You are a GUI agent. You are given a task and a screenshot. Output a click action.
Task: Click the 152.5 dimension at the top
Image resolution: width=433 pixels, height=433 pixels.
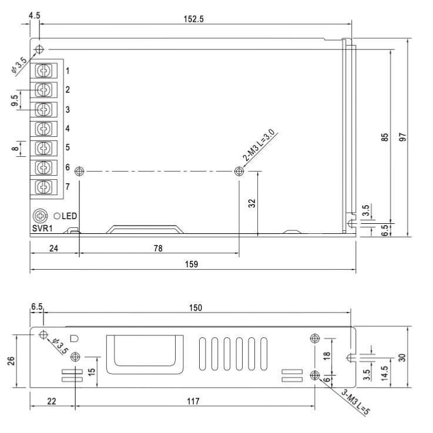tap(193, 19)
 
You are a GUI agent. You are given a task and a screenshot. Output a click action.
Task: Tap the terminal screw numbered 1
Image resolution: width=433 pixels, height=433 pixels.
tap(43, 71)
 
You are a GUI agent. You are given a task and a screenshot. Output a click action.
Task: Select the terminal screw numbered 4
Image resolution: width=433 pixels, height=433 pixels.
tap(43, 129)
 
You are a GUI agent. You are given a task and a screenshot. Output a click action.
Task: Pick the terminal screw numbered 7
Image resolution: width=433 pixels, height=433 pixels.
tap(43, 187)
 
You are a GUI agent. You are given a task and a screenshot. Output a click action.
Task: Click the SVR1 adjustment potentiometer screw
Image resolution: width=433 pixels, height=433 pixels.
tap(40, 216)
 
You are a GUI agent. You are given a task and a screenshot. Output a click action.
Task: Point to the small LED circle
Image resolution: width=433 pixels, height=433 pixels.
tap(57, 216)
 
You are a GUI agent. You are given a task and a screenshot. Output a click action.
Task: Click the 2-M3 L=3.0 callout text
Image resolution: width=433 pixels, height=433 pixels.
tap(259, 145)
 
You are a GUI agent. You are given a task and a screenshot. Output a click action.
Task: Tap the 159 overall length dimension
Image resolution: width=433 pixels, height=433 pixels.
tap(192, 264)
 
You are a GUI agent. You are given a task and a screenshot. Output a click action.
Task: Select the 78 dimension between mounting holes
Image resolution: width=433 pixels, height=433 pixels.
tap(158, 249)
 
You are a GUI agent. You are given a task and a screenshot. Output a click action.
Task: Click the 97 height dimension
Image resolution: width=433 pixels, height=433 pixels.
tap(403, 137)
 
